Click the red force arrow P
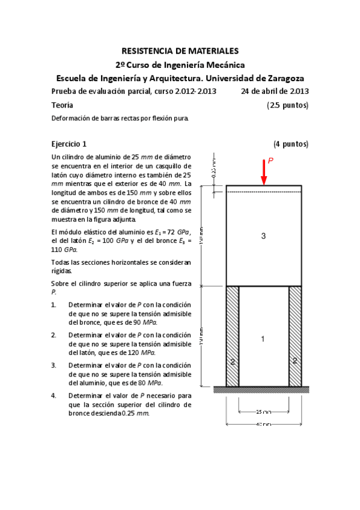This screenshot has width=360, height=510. tap(263, 174)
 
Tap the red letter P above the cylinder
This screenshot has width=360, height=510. tap(270, 161)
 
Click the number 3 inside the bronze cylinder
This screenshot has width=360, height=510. tap(263, 236)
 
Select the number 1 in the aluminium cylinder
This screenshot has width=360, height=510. tap(263, 339)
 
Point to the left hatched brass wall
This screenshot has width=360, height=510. tap(233, 336)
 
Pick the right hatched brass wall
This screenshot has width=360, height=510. tap(295, 336)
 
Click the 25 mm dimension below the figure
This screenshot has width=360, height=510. tap(263, 412)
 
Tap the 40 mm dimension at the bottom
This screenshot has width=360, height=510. tap(263, 425)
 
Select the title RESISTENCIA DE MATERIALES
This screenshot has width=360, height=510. tap(180, 52)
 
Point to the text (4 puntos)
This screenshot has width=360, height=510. tap(291, 144)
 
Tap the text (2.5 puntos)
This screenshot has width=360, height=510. tap(287, 105)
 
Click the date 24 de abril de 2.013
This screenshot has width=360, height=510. tap(275, 91)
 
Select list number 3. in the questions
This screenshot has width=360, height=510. tap(54, 365)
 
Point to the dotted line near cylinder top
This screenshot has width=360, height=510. tap(263, 192)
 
